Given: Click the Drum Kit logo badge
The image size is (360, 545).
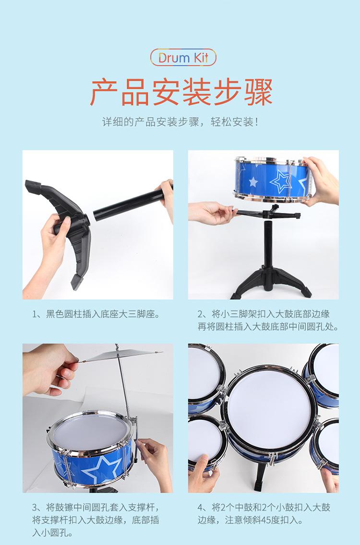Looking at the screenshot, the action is click(183, 58).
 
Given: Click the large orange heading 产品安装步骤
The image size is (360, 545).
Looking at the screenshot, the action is click(181, 92).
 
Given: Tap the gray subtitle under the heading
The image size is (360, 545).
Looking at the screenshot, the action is click(180, 122).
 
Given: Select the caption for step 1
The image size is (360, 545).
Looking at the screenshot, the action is click(96, 314).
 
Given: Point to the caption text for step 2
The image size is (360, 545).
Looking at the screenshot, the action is click(268, 320).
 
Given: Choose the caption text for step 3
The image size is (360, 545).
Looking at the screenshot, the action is click(96, 520).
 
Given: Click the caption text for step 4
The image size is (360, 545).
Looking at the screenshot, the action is click(264, 513).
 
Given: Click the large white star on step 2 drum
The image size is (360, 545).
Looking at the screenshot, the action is click(281, 181).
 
